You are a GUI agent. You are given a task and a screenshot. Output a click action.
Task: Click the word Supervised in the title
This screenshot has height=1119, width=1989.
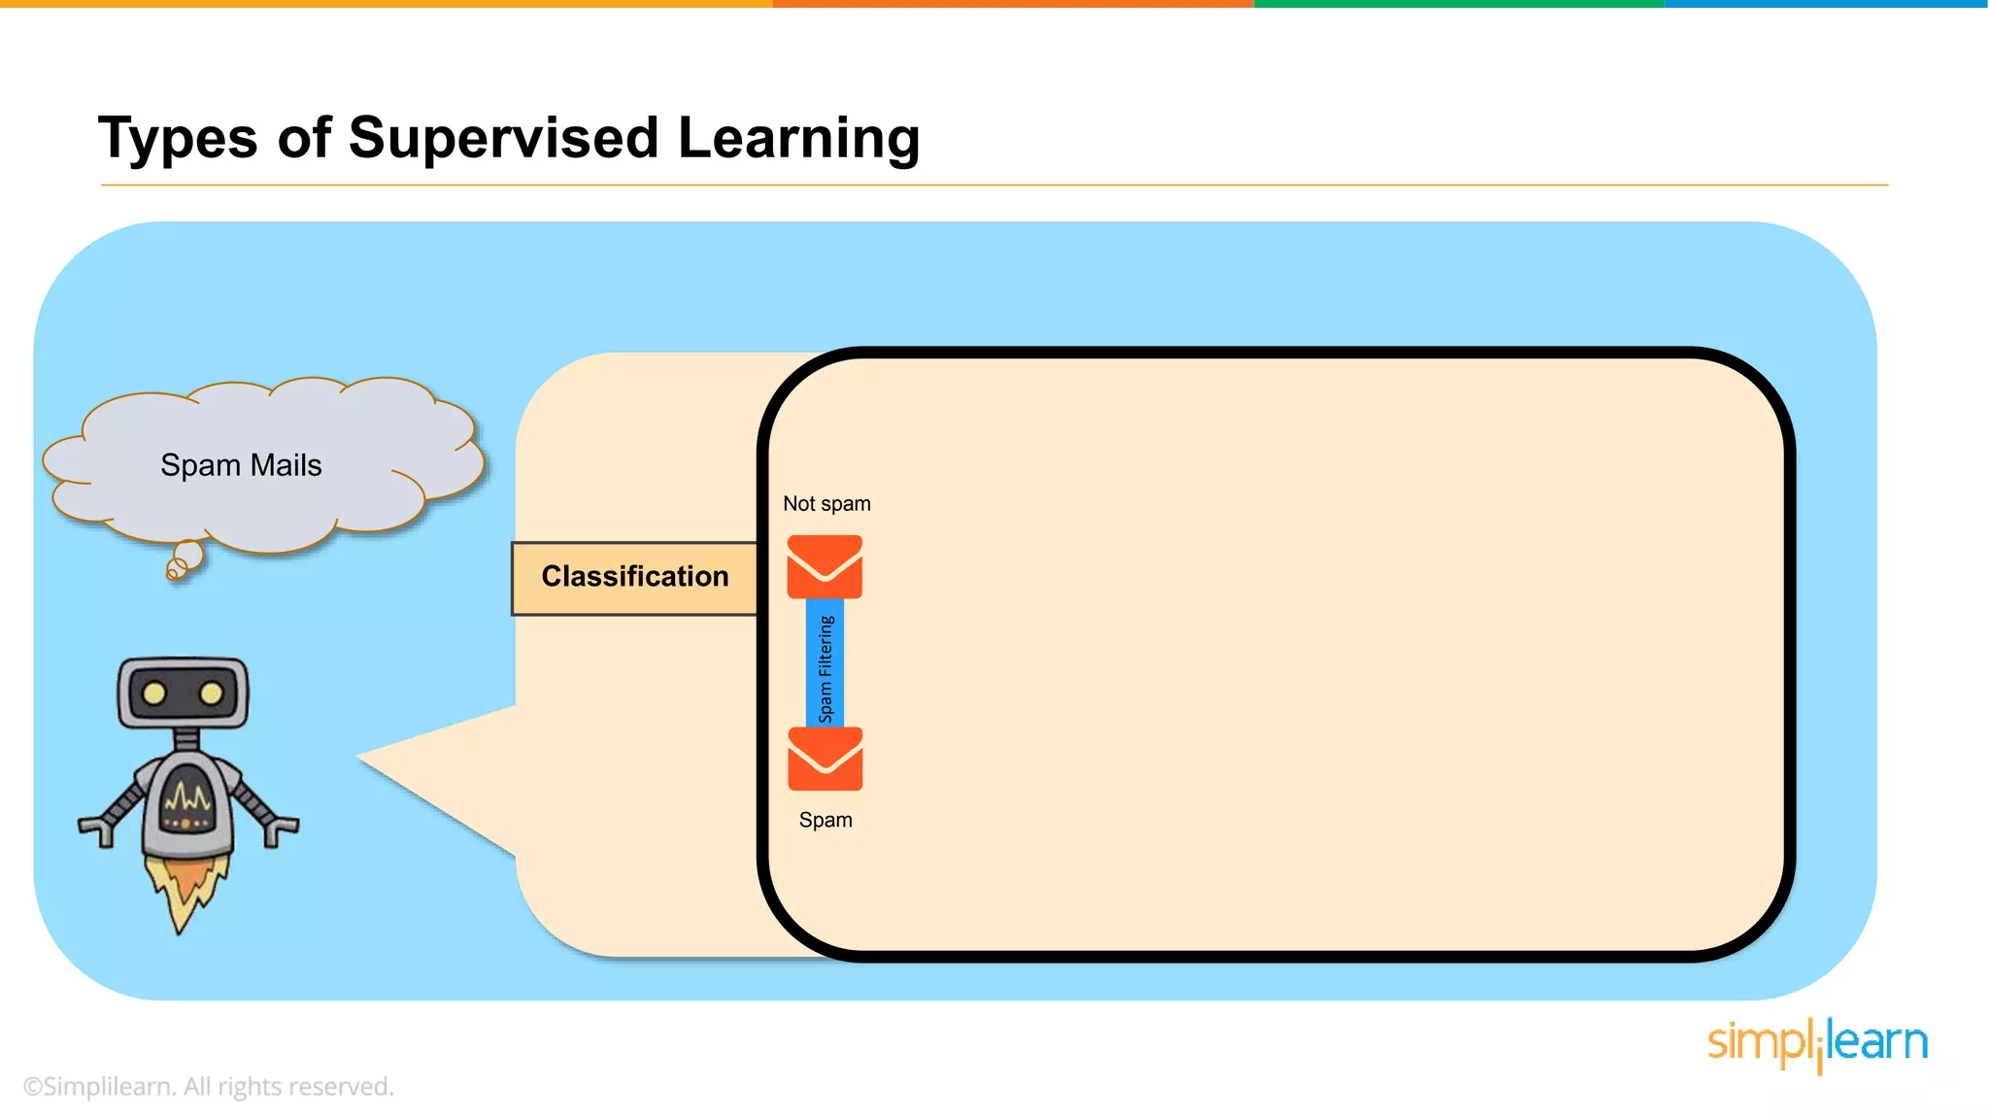click(x=503, y=138)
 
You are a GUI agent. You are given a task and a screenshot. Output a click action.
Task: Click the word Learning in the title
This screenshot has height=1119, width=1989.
click(x=798, y=138)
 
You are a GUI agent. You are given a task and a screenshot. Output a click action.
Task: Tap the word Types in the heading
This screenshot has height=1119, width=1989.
click(x=178, y=138)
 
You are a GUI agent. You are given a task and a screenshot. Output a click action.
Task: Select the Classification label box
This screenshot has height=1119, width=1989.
click(x=634, y=578)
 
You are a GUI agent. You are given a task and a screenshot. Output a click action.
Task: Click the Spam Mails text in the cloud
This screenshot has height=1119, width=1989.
click(x=241, y=465)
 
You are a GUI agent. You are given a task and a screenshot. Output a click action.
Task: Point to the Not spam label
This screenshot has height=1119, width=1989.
click(x=826, y=504)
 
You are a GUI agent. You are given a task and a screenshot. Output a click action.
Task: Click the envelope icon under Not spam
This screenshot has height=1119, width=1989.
click(x=825, y=566)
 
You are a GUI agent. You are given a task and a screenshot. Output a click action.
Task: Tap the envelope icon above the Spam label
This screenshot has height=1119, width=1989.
click(x=825, y=759)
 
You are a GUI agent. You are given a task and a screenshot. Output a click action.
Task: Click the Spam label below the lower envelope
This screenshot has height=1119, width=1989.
click(x=826, y=820)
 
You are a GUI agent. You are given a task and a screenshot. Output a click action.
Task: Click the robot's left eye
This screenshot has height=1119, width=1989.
click(x=153, y=694)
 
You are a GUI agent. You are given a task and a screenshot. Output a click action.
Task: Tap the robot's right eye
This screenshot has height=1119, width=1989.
click(x=212, y=694)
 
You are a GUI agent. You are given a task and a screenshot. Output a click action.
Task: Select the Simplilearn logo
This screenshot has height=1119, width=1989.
click(x=1817, y=1044)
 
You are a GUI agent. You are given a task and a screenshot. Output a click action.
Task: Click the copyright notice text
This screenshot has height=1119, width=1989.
click(x=208, y=1087)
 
